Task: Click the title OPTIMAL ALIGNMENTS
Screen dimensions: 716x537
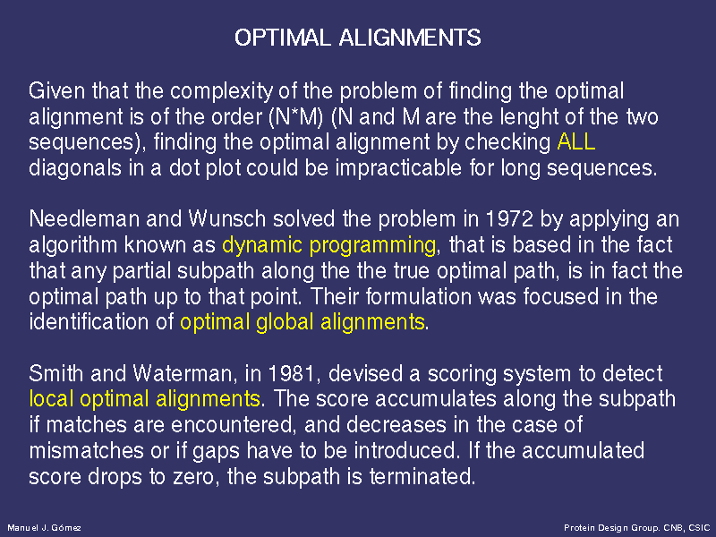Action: coord(357,38)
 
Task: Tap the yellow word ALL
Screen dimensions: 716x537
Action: coord(576,142)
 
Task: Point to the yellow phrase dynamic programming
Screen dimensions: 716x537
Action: coord(328,246)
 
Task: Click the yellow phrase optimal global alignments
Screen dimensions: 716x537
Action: coord(303,323)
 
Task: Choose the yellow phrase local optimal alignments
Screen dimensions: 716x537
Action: coord(144,399)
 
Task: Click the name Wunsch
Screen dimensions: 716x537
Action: coord(227,219)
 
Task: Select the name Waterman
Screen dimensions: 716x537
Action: coord(182,373)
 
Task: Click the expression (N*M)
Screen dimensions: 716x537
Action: coord(296,117)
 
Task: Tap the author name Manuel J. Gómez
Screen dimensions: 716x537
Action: coord(44,528)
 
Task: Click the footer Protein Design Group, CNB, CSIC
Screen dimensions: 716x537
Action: coord(636,528)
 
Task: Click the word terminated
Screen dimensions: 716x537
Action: coord(422,477)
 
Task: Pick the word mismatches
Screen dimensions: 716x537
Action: coord(86,451)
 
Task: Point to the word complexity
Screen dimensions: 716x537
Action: coord(221,92)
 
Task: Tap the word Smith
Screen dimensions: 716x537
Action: coord(56,373)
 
